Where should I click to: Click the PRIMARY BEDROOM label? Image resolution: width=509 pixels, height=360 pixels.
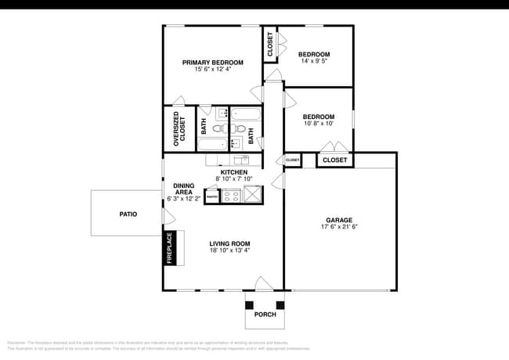[x=212, y=62]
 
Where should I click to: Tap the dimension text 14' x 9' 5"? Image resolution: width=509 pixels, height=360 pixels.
[x=313, y=60]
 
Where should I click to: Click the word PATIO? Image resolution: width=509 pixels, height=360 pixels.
[x=128, y=213]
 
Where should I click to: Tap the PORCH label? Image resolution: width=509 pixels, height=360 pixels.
[x=264, y=315]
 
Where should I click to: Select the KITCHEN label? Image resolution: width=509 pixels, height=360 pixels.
[x=233, y=171]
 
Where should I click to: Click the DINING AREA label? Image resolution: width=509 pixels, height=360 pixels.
[x=183, y=189]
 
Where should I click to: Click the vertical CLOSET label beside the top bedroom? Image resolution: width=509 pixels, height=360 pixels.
[x=270, y=45]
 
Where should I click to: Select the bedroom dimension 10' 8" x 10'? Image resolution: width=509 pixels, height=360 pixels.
[x=318, y=123]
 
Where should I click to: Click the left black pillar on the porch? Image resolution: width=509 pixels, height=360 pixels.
[x=250, y=305]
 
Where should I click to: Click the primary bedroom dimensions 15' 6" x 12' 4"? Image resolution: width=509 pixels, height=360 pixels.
[x=212, y=69]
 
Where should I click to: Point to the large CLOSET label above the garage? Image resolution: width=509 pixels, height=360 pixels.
[x=334, y=160]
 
